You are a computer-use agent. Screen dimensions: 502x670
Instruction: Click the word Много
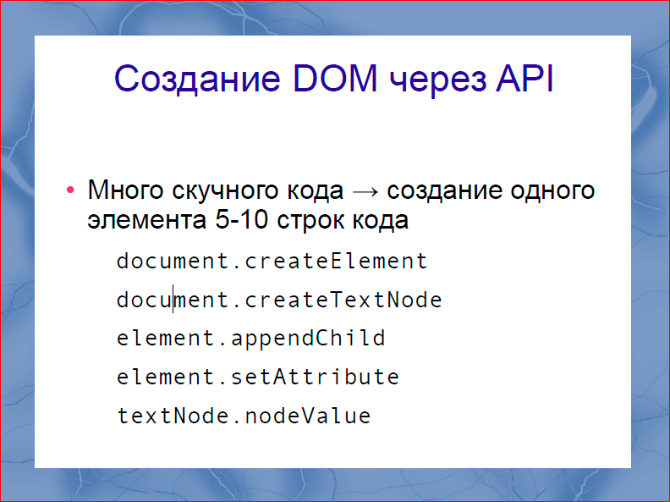tap(124, 190)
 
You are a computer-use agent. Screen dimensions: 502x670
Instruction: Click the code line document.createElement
tap(272, 261)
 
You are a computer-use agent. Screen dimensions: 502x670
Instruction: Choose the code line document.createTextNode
tap(279, 300)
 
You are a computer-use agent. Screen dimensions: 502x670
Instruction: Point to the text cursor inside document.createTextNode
tap(174, 299)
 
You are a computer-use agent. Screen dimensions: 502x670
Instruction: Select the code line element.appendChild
tap(250, 339)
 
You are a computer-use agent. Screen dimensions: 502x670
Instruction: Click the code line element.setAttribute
tap(257, 377)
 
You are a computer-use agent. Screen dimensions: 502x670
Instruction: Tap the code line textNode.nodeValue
tap(244, 416)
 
